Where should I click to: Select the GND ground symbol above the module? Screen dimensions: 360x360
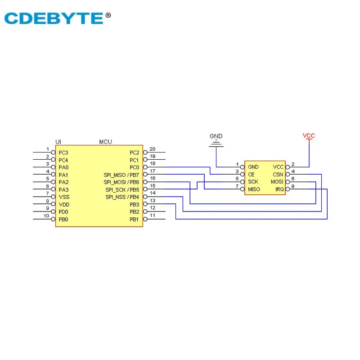point(216,143)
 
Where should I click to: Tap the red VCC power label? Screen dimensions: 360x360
point(309,135)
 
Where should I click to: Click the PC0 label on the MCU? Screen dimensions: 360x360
point(134,167)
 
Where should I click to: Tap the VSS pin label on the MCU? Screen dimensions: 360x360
point(63,197)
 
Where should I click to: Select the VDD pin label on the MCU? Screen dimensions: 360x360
point(63,204)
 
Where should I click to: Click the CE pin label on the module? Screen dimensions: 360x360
point(251,175)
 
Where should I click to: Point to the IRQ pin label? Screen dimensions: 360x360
point(279,189)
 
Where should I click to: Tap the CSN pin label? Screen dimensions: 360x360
point(278,175)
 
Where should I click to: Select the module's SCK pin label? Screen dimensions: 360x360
point(253,182)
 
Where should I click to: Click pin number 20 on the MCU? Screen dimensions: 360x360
point(152,149)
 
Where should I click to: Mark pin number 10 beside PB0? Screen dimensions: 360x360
point(46,216)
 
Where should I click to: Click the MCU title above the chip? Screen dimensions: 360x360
point(105,142)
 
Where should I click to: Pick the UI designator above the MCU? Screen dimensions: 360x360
point(58,142)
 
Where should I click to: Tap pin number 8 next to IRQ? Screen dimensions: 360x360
point(293,186)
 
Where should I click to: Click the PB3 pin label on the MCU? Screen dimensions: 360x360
point(134,204)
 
